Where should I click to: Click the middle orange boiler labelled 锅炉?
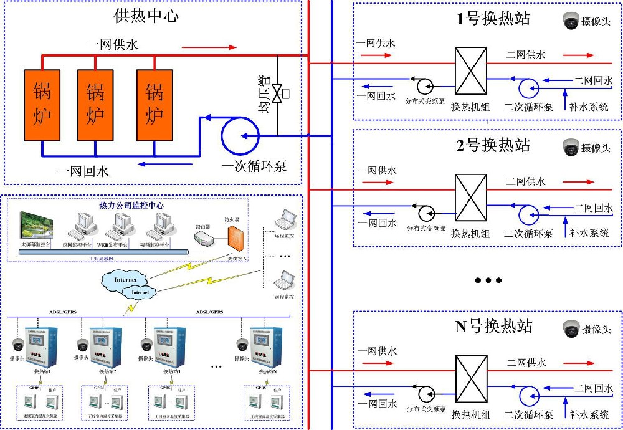pyautogui.click(x=95, y=104)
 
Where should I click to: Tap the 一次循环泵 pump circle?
pyautogui.click(x=241, y=136)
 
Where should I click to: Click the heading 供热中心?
pyautogui.click(x=147, y=16)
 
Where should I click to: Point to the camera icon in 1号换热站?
pyautogui.click(x=570, y=21)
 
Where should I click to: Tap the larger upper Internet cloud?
pyautogui.click(x=125, y=279)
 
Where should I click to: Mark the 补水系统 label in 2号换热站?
pyautogui.click(x=589, y=233)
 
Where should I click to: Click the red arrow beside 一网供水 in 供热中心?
pyautogui.click(x=209, y=47)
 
